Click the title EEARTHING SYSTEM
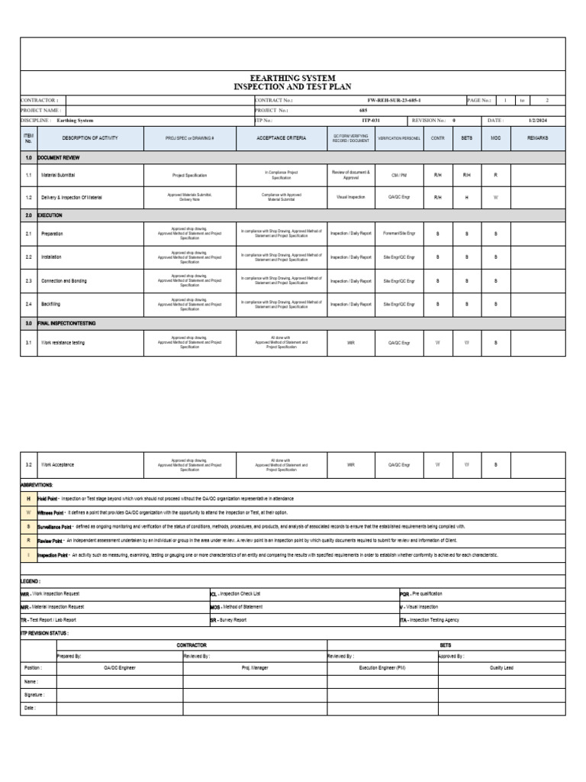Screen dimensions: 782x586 coord(292,78)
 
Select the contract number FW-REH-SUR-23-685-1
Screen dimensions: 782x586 coord(393,100)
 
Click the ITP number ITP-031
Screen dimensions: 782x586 coord(370,121)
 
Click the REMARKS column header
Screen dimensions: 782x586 coord(537,138)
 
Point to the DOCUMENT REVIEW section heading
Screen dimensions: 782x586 coord(59,157)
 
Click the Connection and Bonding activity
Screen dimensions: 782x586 coord(63,281)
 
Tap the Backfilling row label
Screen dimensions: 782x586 coord(51,305)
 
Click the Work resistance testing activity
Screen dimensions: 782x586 coord(63,343)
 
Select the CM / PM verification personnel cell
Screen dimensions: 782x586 coord(399,176)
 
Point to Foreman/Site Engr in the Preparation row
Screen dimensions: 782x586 coord(399,234)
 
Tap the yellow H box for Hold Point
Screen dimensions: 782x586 coord(29,498)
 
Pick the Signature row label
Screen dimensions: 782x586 coord(34,695)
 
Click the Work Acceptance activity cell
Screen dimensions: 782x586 coord(58,464)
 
